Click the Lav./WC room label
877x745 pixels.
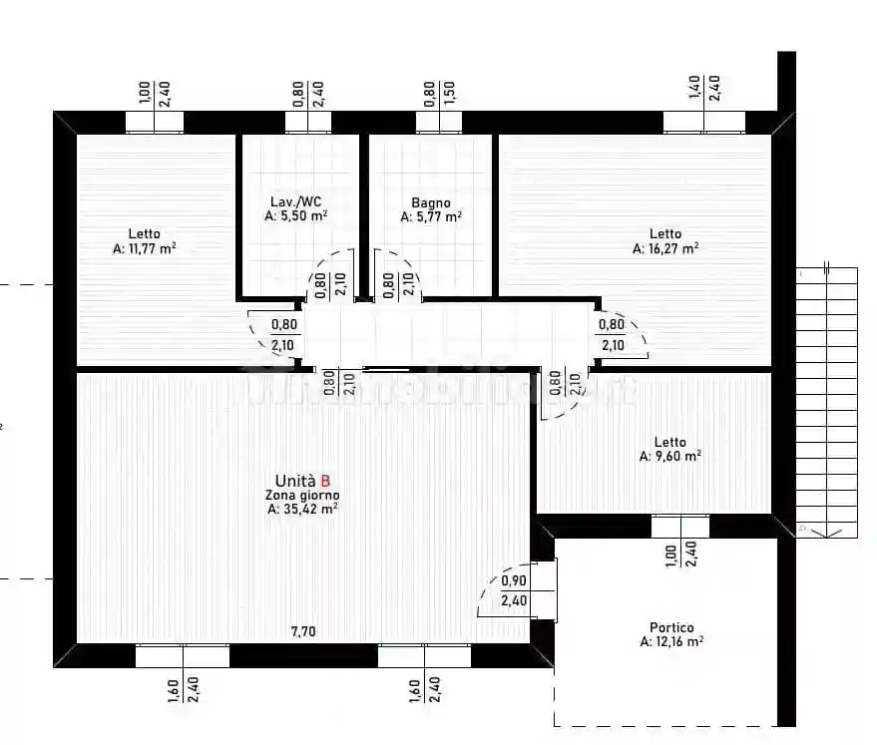click(295, 200)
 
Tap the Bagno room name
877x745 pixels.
click(431, 202)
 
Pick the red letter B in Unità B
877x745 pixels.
click(325, 480)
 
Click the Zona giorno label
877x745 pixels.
click(301, 495)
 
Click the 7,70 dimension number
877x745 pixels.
click(302, 631)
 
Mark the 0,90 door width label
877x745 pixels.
click(513, 581)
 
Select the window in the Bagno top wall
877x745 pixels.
click(439, 122)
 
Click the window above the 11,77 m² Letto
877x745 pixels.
click(155, 122)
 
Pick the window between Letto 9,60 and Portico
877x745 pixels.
click(680, 526)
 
